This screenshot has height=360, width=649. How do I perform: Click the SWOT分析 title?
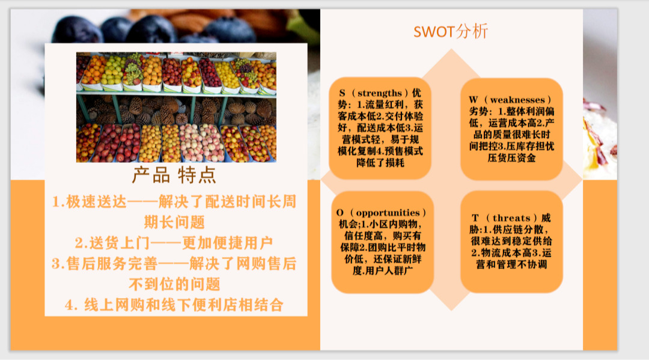[x=451, y=31]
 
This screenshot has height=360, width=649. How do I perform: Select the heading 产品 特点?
[x=174, y=175]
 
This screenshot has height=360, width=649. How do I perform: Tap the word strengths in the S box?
[x=380, y=93]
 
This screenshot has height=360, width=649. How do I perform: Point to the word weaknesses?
[x=517, y=100]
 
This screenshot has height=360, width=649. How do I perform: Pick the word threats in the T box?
[x=511, y=218]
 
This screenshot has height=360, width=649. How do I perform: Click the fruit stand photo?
[x=176, y=107]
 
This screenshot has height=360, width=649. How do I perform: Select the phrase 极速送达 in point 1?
[x=96, y=202]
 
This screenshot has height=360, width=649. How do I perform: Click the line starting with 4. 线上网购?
[x=174, y=305]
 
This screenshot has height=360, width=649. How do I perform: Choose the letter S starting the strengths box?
[x=343, y=93]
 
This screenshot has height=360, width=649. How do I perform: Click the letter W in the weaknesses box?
[x=474, y=100]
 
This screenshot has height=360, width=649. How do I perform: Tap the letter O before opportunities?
[x=340, y=213]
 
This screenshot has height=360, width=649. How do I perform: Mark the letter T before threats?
[x=475, y=218]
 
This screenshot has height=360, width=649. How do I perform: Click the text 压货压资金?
[x=511, y=158]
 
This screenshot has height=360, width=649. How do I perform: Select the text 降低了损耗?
[x=380, y=163]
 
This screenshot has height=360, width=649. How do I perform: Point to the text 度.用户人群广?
[x=382, y=271]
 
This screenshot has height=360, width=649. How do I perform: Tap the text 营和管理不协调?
[x=511, y=264]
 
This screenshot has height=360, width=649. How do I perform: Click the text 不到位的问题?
[x=174, y=284]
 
